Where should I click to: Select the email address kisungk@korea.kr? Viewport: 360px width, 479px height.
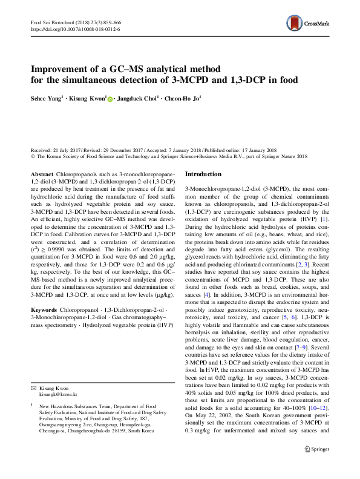click(59, 394)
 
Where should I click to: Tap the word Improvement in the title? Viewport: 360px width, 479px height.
click(68, 68)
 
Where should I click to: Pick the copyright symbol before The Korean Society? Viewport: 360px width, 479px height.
click(33, 156)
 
